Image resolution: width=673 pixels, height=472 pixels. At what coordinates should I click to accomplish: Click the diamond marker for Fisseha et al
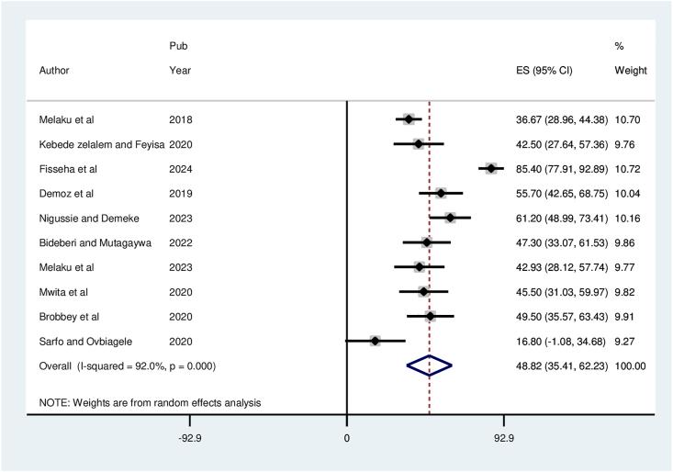[491, 168]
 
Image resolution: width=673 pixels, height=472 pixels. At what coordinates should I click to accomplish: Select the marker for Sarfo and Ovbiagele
[375, 341]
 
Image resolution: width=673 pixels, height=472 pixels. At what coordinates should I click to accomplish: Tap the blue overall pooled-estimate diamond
[430, 365]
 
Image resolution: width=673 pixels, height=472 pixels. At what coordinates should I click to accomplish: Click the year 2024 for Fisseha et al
[181, 168]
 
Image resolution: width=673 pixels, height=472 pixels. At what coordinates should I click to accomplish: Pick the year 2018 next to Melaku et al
[181, 119]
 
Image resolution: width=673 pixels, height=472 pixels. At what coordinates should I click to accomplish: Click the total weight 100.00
[631, 365]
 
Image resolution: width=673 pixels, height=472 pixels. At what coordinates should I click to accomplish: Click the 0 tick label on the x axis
[346, 439]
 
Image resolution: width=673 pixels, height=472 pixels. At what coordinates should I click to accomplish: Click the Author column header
[54, 70]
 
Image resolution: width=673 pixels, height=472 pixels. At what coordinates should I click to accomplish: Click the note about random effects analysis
[150, 402]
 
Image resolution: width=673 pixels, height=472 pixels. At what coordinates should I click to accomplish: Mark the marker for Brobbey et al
[430, 316]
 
